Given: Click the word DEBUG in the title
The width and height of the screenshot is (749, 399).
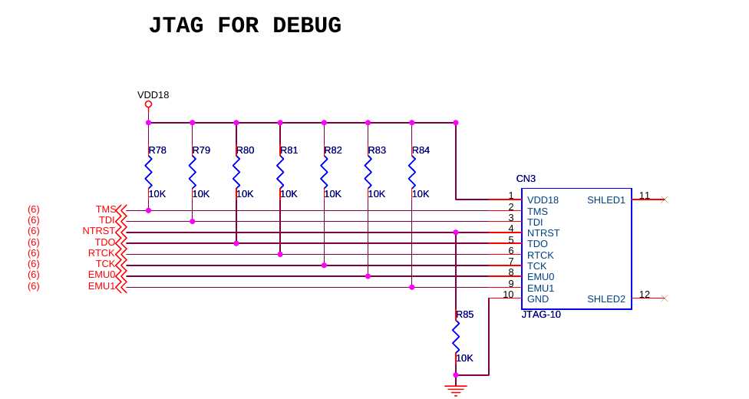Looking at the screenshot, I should (307, 26).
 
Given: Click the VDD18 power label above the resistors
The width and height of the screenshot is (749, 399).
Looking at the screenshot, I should (153, 95).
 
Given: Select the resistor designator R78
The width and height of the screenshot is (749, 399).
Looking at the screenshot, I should (157, 150).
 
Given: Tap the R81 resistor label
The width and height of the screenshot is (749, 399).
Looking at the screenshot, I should (289, 150).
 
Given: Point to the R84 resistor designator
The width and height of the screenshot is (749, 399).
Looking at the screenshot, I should (421, 150).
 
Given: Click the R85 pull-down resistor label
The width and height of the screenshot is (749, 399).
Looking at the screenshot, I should (464, 315).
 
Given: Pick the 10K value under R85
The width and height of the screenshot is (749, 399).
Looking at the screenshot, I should (464, 358).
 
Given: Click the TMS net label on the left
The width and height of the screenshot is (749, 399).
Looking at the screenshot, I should (106, 209).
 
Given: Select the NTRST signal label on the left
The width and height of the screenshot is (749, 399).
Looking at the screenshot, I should (98, 231).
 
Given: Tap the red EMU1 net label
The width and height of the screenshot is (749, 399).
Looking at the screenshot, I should (101, 286).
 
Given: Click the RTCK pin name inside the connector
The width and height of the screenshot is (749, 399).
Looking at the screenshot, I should (540, 255).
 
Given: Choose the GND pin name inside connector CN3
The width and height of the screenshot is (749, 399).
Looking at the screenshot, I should (538, 299).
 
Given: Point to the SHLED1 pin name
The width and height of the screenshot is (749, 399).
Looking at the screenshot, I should (606, 200).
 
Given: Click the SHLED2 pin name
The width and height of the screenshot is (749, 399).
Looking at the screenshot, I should (606, 299).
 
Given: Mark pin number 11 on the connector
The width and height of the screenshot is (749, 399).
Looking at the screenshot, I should (645, 196).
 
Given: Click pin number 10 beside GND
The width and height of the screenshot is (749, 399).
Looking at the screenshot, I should (508, 295).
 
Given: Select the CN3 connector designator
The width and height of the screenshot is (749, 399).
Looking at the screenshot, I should (526, 179).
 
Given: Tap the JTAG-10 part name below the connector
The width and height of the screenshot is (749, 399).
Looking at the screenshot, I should (541, 315).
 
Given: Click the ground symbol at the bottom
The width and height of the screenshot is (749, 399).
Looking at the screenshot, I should (456, 390).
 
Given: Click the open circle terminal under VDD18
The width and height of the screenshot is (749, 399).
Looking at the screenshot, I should (148, 104).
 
